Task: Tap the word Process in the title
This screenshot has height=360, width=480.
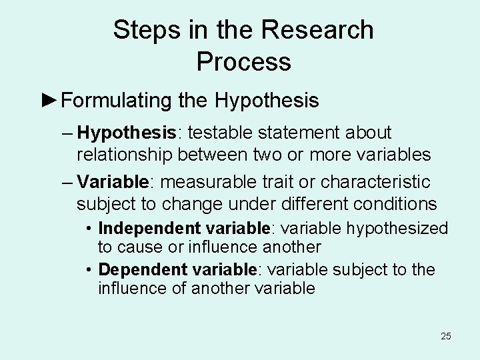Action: (244, 61)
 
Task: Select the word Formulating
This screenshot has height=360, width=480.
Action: (118, 101)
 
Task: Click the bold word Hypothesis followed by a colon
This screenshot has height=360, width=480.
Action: (126, 133)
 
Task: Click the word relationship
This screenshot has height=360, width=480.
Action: (125, 155)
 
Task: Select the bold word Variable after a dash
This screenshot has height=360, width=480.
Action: (111, 182)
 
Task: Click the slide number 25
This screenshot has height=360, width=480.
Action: (445, 336)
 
